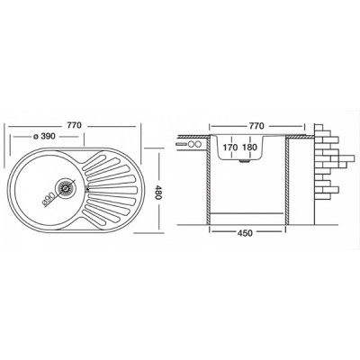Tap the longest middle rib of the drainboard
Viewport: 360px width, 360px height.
[112, 189]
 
